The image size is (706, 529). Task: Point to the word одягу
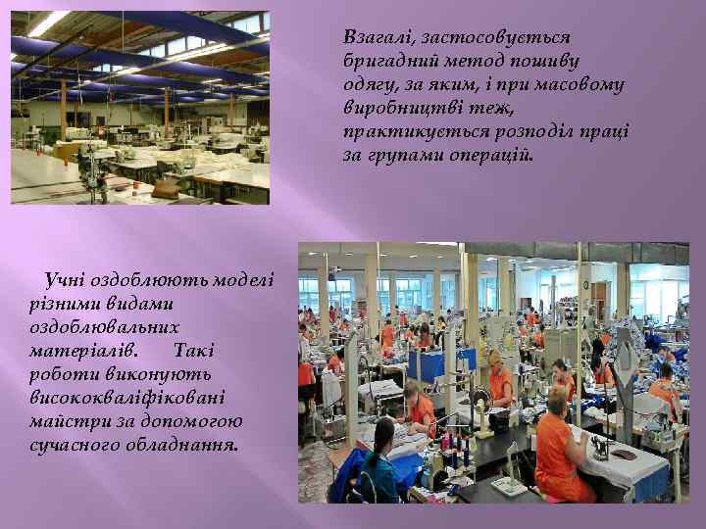[x=369, y=85]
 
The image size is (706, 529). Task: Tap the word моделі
[x=243, y=281]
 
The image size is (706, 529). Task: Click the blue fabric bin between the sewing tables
[x=428, y=364]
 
